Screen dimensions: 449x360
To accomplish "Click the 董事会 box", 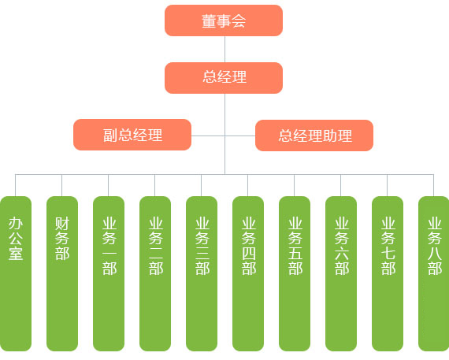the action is tap(224, 20).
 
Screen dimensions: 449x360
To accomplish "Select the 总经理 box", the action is tap(224, 78).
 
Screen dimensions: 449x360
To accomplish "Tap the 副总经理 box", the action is tap(132, 135).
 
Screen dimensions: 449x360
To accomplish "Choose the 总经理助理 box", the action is tap(314, 135).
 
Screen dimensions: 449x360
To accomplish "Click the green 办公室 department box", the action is tap(16, 273).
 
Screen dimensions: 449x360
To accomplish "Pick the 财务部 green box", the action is tap(62, 273).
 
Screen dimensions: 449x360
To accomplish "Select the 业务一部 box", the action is tap(109, 273).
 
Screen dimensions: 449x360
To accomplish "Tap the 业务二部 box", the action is tap(155, 273).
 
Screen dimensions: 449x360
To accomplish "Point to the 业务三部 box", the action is tap(202, 273).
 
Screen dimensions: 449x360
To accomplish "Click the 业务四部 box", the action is tap(248, 273).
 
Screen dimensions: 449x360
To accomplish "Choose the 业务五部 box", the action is tap(295, 273).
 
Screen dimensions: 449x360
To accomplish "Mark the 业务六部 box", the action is tap(341, 273).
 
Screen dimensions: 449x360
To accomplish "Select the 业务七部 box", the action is tap(388, 273).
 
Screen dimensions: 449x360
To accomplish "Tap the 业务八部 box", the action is tap(434, 273).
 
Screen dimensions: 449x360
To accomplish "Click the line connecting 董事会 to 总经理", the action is tap(224, 50).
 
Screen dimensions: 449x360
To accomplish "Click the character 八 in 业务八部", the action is tap(435, 254).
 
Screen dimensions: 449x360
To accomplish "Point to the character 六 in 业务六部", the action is tap(342, 254).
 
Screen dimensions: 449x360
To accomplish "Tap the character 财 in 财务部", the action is tap(62, 224).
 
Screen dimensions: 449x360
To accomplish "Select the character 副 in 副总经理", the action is tap(110, 135).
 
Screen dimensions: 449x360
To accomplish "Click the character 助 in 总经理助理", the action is tap(330, 135).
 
